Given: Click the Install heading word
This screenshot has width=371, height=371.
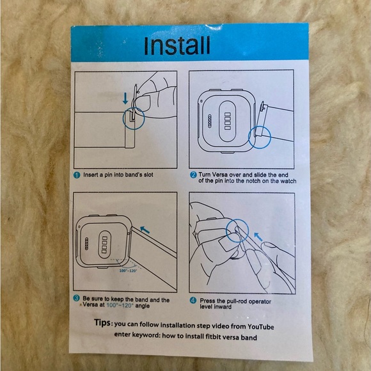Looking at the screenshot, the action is click(x=177, y=45).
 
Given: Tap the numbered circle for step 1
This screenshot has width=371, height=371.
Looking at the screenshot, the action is click(x=77, y=175).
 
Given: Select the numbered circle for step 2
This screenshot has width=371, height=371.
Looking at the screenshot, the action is click(x=193, y=175).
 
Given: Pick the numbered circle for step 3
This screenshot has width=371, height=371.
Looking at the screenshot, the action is click(x=76, y=298).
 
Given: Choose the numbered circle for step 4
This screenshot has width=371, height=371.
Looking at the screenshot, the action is click(x=193, y=301).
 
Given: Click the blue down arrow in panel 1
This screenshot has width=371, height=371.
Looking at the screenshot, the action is click(x=125, y=99).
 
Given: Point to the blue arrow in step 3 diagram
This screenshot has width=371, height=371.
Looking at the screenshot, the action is click(x=145, y=230).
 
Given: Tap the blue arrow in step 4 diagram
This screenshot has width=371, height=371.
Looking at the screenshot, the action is click(x=258, y=237).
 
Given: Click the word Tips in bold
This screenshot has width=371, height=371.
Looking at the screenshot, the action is click(x=102, y=322).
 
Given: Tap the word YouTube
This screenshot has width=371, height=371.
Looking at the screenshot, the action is click(x=261, y=327).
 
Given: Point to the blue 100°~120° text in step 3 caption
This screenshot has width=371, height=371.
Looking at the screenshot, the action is click(x=120, y=305).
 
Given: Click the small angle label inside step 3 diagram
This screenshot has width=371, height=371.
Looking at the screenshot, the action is click(x=128, y=271).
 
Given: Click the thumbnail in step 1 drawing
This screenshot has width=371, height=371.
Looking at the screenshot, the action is click(x=143, y=102).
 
